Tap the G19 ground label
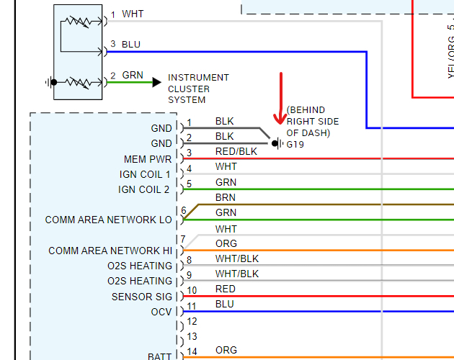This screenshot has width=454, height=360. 295,144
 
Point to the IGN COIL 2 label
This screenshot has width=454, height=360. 144,189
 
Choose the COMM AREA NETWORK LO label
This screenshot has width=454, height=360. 109,220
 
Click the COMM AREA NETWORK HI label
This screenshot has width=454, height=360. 110,251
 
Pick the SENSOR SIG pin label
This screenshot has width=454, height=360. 142,297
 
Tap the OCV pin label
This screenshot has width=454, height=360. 161,312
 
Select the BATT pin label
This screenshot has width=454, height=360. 159,356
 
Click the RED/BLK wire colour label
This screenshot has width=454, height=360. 236,151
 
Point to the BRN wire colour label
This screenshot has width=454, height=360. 226,197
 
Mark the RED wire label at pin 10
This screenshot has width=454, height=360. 226,289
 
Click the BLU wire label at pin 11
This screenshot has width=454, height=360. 225,304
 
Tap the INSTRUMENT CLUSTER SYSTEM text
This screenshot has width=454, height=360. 198,89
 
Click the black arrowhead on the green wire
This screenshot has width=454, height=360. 156,82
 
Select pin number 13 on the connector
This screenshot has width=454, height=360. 192,336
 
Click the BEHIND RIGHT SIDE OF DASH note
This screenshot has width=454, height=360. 313,122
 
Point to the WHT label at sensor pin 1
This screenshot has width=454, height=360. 133,14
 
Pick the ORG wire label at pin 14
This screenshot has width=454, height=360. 226,350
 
